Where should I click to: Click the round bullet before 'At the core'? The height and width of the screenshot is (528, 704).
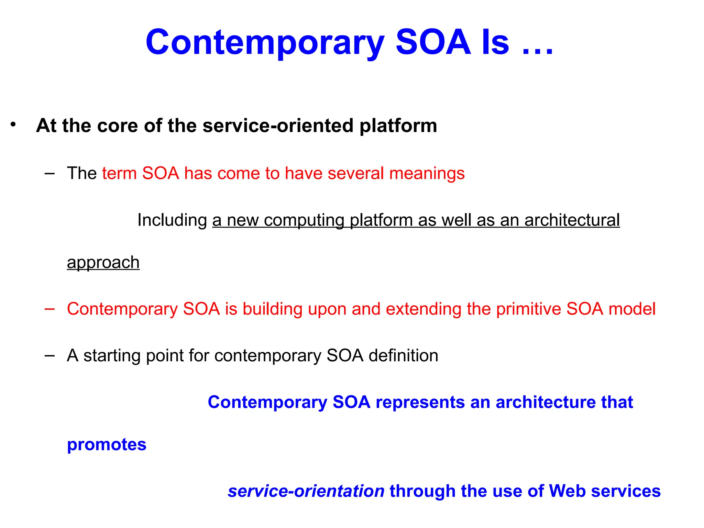[13, 124]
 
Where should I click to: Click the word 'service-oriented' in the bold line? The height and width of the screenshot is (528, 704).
[278, 126]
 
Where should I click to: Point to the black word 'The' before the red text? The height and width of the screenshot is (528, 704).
[82, 173]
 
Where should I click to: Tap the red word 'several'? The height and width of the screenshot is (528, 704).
[355, 173]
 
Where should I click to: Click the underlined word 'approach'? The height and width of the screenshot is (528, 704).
[103, 263]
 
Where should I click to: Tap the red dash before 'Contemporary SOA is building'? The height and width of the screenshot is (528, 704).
[49, 309]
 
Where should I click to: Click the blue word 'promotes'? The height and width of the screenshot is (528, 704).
[107, 445]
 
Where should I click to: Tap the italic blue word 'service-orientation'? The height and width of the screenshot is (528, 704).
[306, 491]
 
